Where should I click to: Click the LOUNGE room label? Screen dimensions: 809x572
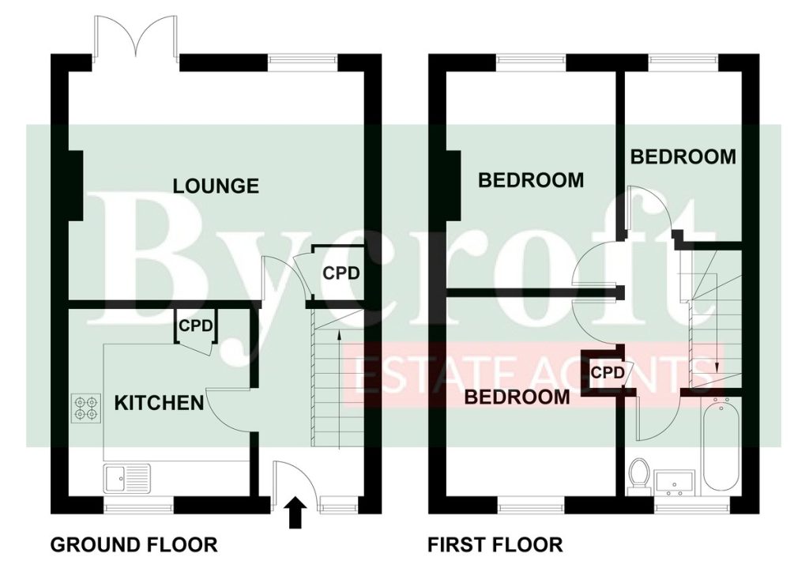coord(216,186)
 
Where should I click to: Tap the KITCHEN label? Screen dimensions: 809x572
coord(159,403)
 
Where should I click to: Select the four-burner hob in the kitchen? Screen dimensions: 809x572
coord(86,407)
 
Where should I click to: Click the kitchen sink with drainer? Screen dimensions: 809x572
coord(127,478)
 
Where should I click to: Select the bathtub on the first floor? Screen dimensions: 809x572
coord(721,446)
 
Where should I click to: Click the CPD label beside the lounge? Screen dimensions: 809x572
coord(341,273)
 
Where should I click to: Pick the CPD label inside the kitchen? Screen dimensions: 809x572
coord(195,326)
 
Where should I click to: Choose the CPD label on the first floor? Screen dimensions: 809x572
coord(608,372)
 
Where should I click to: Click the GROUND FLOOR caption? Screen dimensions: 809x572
coord(134,544)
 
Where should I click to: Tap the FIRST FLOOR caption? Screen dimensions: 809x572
coord(495,544)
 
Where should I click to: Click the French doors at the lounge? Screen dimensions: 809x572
coord(137,36)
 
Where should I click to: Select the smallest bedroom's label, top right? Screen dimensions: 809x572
coord(683,156)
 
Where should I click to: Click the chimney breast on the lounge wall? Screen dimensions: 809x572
coord(77,186)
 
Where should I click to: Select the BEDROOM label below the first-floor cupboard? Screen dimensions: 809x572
coord(517,397)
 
